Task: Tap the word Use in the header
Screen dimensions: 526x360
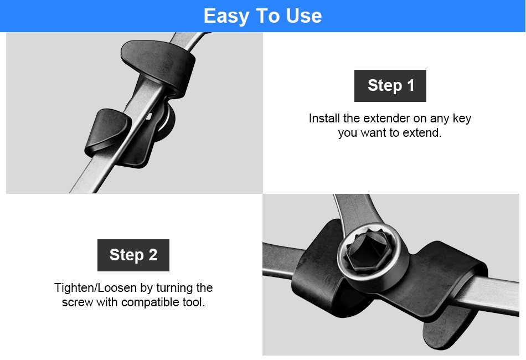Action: pos(304,16)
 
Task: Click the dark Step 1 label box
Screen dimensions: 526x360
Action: pos(390,85)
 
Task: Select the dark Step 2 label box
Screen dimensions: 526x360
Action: pos(133,255)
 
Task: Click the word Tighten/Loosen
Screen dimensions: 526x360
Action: pos(95,288)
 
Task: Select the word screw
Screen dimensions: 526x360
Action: pos(78,302)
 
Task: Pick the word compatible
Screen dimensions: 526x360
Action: pos(151,302)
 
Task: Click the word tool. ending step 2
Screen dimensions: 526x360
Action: pos(194,302)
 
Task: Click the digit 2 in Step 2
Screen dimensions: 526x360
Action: pos(153,255)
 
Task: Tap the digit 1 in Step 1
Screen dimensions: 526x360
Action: pos(411,85)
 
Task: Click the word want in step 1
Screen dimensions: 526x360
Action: pos(372,133)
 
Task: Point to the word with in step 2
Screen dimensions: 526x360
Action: pos(107,302)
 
